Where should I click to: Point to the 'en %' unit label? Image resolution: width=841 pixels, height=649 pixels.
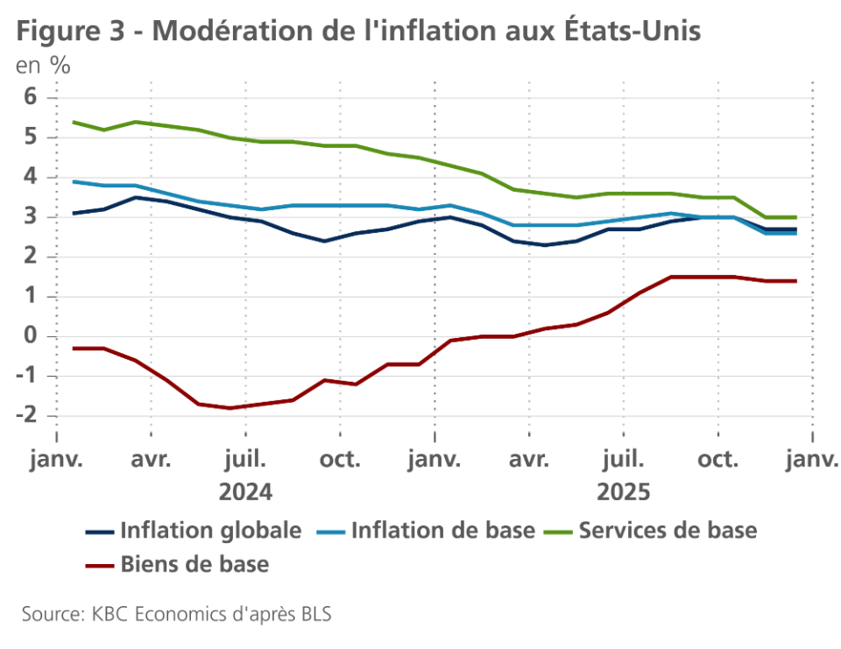pyautogui.click(x=43, y=65)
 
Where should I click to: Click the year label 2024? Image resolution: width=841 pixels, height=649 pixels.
pyautogui.click(x=245, y=492)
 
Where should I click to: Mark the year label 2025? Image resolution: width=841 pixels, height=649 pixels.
pyautogui.click(x=624, y=492)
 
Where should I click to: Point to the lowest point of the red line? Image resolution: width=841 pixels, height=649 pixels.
pyautogui.click(x=230, y=408)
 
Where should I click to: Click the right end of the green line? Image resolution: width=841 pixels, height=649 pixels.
pyautogui.click(x=795, y=217)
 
